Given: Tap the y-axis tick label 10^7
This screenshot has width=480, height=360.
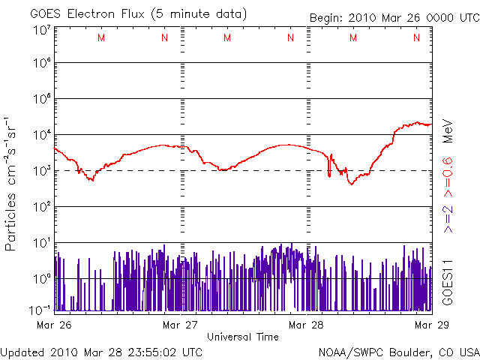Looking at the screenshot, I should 42,31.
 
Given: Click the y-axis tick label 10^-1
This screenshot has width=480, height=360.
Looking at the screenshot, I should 40,310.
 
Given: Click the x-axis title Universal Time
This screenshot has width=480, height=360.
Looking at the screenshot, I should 243,337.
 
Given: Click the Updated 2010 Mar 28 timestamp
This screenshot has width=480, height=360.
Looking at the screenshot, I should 101,351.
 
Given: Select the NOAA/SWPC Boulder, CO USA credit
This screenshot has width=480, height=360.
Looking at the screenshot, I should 397,351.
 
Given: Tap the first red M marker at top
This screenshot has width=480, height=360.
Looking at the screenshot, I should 101,37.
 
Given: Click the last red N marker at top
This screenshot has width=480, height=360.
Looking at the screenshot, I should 415,37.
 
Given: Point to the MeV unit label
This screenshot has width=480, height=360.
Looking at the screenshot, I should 447,130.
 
